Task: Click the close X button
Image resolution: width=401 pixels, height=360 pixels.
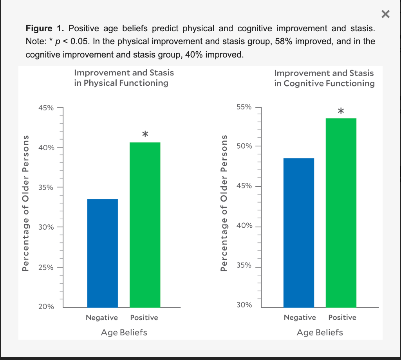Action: (x=385, y=14)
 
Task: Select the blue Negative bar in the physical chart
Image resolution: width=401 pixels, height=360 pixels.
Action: (x=102, y=253)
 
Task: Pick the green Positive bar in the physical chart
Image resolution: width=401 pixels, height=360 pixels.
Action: (x=145, y=225)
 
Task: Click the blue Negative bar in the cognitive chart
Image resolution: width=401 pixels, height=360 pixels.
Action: (x=299, y=232)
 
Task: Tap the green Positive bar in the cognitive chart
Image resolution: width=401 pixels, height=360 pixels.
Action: (x=341, y=212)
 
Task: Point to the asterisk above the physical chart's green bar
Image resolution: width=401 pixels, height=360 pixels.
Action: (x=145, y=134)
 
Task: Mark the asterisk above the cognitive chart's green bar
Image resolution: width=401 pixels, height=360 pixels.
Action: (x=341, y=112)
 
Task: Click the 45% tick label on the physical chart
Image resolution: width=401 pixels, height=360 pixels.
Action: (x=46, y=108)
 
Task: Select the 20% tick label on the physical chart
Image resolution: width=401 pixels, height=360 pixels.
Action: (x=46, y=307)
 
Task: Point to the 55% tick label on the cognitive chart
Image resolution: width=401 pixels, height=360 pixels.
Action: (x=244, y=107)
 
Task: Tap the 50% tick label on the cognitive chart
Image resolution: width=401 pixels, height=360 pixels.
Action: (x=244, y=146)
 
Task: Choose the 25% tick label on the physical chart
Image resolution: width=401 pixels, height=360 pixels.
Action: (x=46, y=267)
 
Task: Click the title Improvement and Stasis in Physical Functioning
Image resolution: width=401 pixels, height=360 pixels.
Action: (x=124, y=77)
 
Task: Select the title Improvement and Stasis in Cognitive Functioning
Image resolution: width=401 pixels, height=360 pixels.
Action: (x=324, y=78)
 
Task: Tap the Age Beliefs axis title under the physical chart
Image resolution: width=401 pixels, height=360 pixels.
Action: (x=124, y=332)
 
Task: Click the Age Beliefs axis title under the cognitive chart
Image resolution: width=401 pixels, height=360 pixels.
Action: (x=320, y=332)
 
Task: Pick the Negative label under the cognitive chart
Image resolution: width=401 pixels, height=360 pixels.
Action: (x=300, y=317)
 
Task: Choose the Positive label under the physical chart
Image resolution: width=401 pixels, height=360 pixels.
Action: (x=144, y=317)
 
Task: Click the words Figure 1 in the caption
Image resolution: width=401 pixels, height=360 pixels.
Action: (x=45, y=28)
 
